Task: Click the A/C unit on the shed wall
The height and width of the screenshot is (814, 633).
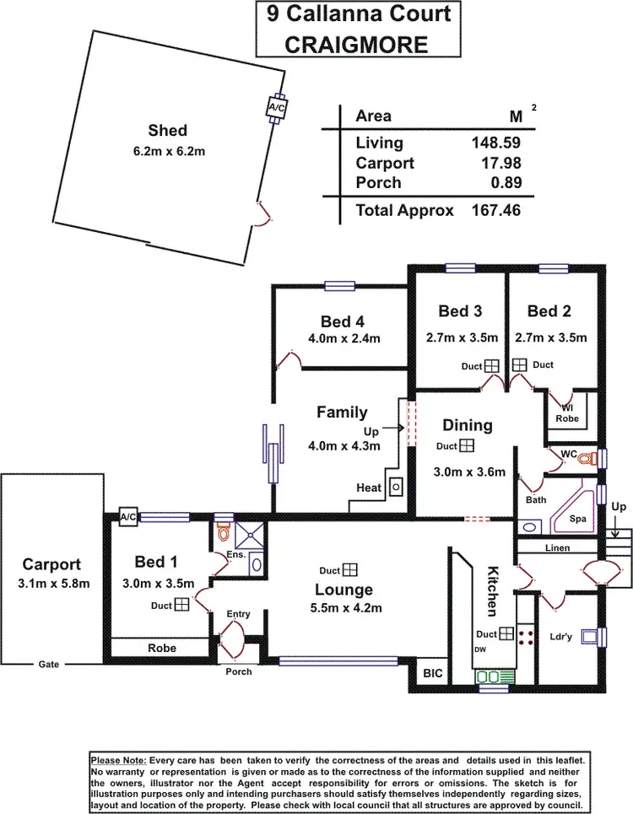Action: (276, 108)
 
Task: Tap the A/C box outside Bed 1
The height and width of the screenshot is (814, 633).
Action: (128, 517)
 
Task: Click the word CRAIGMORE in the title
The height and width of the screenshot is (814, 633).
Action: (356, 44)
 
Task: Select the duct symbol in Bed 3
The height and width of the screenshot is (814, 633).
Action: (492, 366)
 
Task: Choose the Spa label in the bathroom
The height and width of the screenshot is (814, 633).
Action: (577, 519)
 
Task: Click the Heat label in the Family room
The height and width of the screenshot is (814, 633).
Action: (368, 488)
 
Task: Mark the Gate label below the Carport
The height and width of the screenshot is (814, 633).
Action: (48, 664)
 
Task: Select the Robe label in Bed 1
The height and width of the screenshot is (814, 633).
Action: (161, 647)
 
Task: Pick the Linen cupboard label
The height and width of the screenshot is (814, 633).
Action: (558, 548)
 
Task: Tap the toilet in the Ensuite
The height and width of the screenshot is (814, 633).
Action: (224, 533)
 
